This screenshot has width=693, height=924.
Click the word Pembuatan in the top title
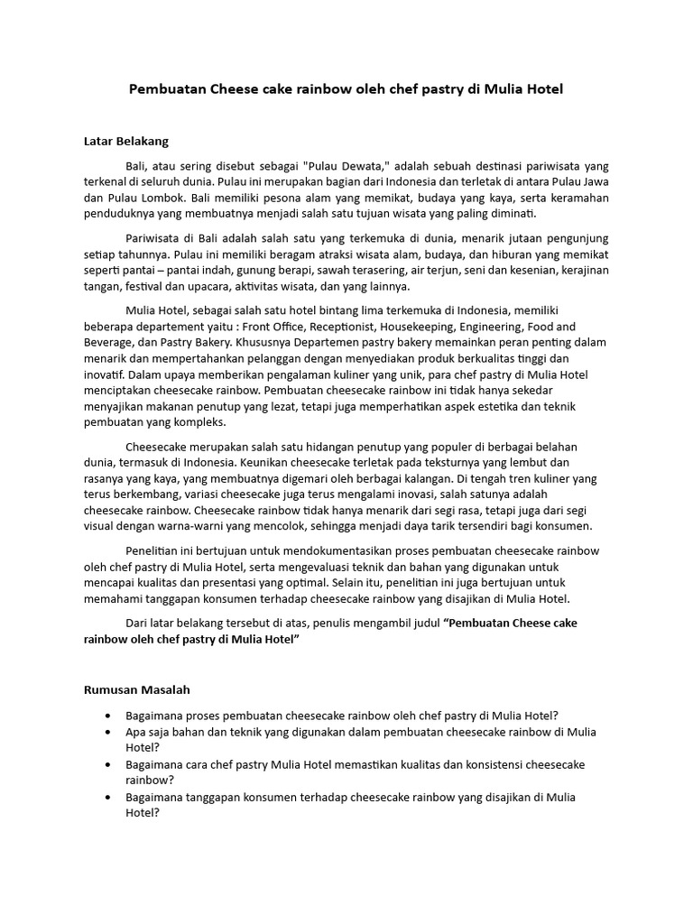[168, 90]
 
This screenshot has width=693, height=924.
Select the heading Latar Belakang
[126, 142]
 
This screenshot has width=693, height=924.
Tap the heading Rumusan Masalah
[136, 690]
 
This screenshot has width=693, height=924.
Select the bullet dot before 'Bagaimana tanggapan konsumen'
[109, 797]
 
